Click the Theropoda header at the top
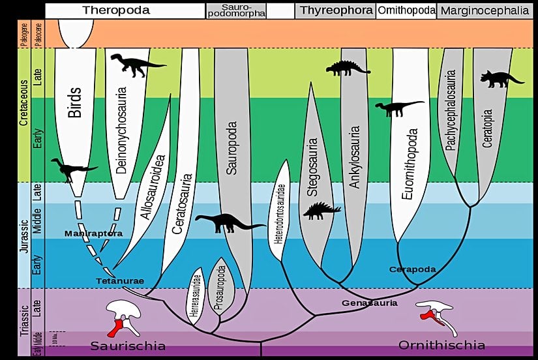[x=116, y=10]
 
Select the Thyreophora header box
[x=335, y=10]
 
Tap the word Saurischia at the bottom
[x=128, y=345]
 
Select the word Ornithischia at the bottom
[x=441, y=345]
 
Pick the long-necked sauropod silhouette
[x=229, y=223]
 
